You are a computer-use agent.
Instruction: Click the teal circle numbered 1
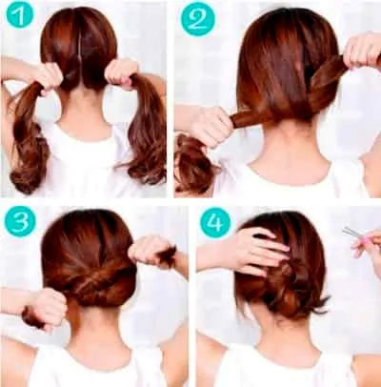point(20,15)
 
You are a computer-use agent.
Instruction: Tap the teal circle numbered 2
point(198,19)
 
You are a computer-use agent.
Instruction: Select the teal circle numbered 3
point(20,221)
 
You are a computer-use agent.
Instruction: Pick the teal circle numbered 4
point(215,222)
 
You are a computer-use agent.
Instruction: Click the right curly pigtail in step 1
point(145,131)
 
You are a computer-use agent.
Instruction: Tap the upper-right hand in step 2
point(362,51)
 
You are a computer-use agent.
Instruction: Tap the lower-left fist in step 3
point(48,307)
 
